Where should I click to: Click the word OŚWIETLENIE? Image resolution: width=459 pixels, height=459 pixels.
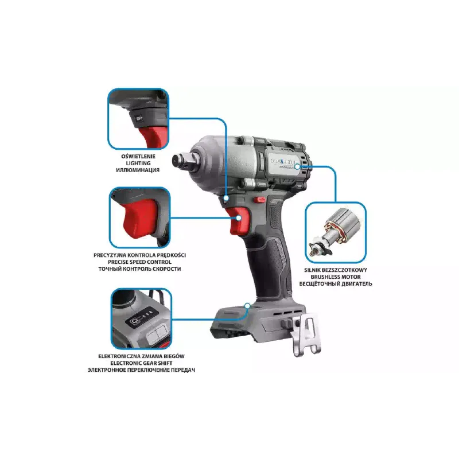pyautogui.click(x=138, y=156)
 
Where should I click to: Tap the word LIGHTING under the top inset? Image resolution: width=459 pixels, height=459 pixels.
pyautogui.click(x=138, y=163)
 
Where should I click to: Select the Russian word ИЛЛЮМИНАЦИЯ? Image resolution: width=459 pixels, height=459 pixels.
pyautogui.click(x=138, y=170)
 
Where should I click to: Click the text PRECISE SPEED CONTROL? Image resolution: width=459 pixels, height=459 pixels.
pyautogui.click(x=139, y=262)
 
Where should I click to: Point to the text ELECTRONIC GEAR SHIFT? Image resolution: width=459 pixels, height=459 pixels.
pyautogui.click(x=141, y=363)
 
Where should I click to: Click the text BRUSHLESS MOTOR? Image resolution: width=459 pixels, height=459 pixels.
pyautogui.click(x=336, y=277)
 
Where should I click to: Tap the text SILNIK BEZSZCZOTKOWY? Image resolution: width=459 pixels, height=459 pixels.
pyautogui.click(x=336, y=270)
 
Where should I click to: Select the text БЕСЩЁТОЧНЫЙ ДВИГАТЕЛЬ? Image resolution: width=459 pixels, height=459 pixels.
pyautogui.click(x=336, y=283)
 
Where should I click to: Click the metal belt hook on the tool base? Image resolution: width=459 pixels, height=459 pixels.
pyautogui.click(x=306, y=334)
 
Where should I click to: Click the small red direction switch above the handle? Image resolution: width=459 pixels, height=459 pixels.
pyautogui.click(x=259, y=200)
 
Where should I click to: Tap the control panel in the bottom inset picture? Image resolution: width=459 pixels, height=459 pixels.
pyautogui.click(x=142, y=317)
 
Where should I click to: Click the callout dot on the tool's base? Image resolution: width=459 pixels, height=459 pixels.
pyautogui.click(x=247, y=306)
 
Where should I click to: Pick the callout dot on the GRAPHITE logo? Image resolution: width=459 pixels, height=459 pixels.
pyautogui.click(x=297, y=166)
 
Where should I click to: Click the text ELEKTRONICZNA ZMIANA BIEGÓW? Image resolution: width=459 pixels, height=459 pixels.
pyautogui.click(x=141, y=356)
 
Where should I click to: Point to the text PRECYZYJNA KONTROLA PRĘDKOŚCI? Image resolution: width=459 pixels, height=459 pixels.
pyautogui.click(x=139, y=255)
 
